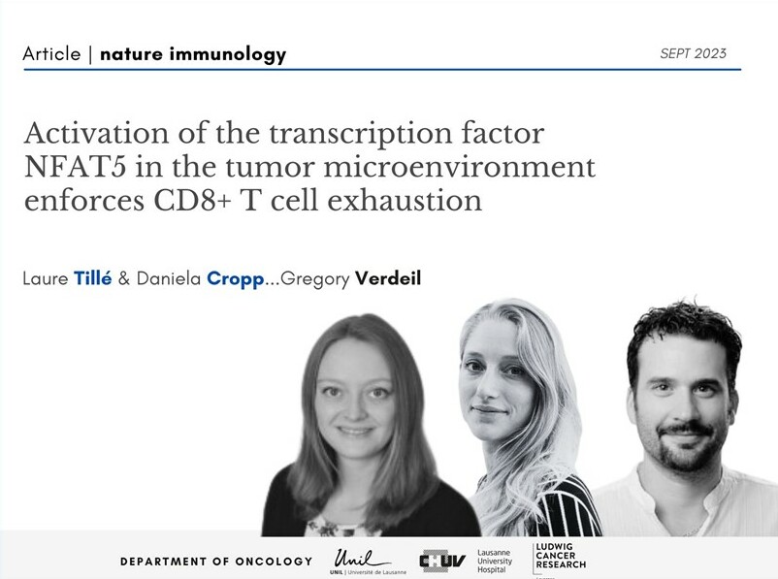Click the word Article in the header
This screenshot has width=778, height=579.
pyautogui.click(x=51, y=53)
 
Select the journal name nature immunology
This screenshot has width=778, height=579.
pyautogui.click(x=193, y=54)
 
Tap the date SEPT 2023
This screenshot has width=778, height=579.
pyautogui.click(x=693, y=53)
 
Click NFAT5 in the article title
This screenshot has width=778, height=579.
pyautogui.click(x=74, y=167)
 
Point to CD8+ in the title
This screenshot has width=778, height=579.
pyautogui.click(x=192, y=201)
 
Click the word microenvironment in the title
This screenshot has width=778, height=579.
pyautogui.click(x=460, y=167)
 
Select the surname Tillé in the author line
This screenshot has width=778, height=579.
pyautogui.click(x=93, y=277)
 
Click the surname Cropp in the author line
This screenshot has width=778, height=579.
pyautogui.click(x=236, y=279)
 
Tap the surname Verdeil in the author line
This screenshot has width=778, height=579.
pyautogui.click(x=388, y=277)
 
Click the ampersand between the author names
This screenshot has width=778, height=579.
pyautogui.click(x=124, y=278)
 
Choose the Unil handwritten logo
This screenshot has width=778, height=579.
pyautogui.click(x=361, y=560)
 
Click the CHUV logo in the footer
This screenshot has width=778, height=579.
pyautogui.click(x=442, y=562)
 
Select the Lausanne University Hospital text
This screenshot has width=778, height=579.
pyautogui.click(x=495, y=562)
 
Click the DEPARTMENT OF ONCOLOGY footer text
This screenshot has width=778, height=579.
pyautogui.click(x=216, y=562)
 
